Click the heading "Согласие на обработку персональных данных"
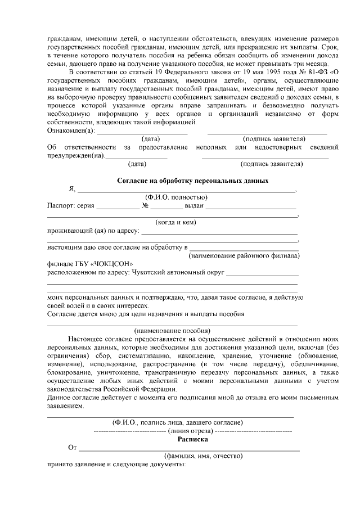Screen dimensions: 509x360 [192, 181]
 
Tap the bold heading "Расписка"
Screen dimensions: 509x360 [192, 439]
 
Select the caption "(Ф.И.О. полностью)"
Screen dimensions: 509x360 [176, 197]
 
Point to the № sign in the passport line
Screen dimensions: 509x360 [145, 206]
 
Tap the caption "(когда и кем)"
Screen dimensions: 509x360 [175, 222]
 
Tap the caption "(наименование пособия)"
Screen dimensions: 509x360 [173, 330]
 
